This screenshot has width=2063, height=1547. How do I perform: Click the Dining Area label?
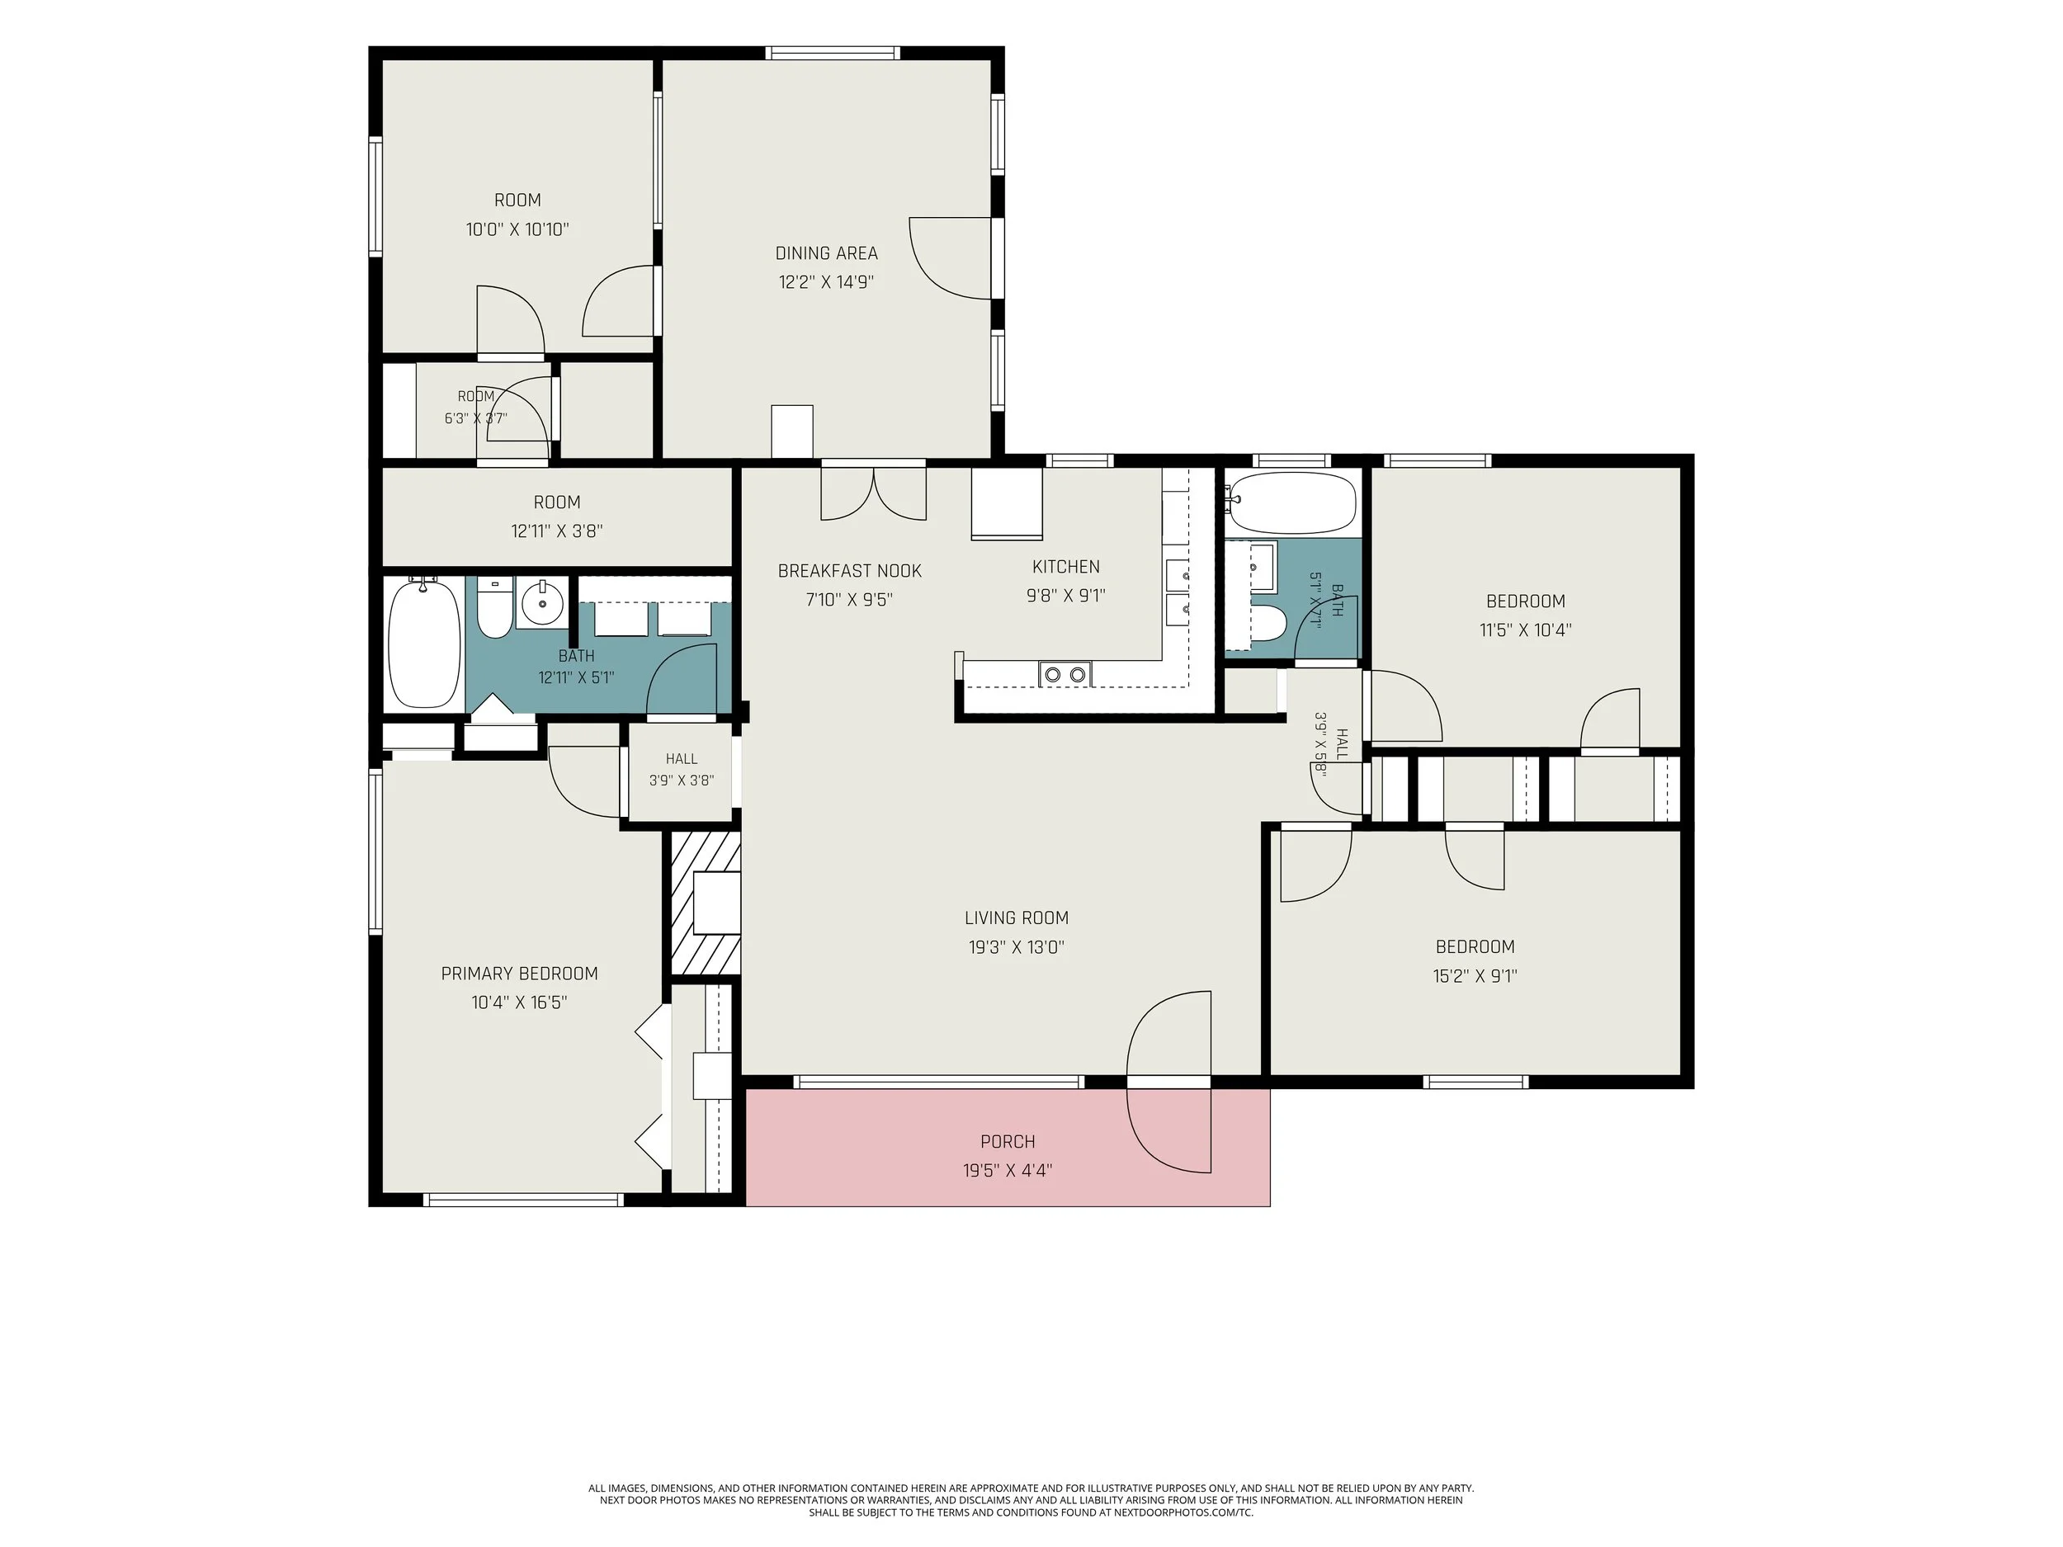pos(826,252)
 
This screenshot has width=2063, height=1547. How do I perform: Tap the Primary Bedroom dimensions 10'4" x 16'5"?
pos(520,1002)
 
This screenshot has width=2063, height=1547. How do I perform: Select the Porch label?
pos(1008,1141)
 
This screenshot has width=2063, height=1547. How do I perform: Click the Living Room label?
pos(1017,917)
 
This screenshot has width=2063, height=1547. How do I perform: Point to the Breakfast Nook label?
pos(850,571)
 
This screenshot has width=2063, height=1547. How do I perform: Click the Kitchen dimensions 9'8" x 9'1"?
pos(1066,595)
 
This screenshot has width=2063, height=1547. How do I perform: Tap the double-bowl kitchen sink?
pos(1065,673)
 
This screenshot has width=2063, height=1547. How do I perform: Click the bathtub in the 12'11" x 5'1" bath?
pos(423,644)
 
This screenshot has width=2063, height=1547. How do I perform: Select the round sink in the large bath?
pos(541,603)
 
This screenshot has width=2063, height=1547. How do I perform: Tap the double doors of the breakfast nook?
pos(874,493)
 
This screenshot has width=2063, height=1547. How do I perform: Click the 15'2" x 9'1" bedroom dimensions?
pos(1475,976)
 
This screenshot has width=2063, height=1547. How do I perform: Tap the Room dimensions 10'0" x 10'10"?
pos(517,229)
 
